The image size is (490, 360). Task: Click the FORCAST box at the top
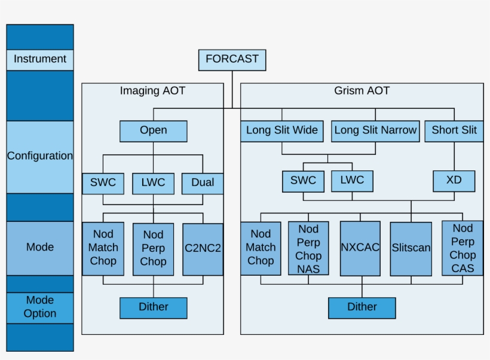[232, 60]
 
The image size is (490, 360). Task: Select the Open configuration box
[154, 131]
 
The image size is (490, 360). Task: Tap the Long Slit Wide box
[282, 131]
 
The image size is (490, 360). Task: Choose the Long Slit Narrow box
[375, 131]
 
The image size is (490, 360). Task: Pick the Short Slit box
[454, 131]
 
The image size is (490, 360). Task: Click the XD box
[454, 181]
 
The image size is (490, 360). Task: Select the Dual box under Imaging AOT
[203, 183]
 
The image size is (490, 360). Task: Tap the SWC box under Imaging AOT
[103, 183]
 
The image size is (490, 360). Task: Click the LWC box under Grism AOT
[352, 181]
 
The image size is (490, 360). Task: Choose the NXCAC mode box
[360, 248]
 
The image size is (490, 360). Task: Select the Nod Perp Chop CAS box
[463, 248]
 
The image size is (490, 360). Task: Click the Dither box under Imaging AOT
[154, 307]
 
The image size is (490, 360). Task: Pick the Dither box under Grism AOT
[362, 307]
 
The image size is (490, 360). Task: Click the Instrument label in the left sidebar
[40, 60]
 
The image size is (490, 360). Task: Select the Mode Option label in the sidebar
[40, 307]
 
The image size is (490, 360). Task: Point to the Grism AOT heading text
[362, 91]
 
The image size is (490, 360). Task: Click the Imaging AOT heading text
[153, 91]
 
